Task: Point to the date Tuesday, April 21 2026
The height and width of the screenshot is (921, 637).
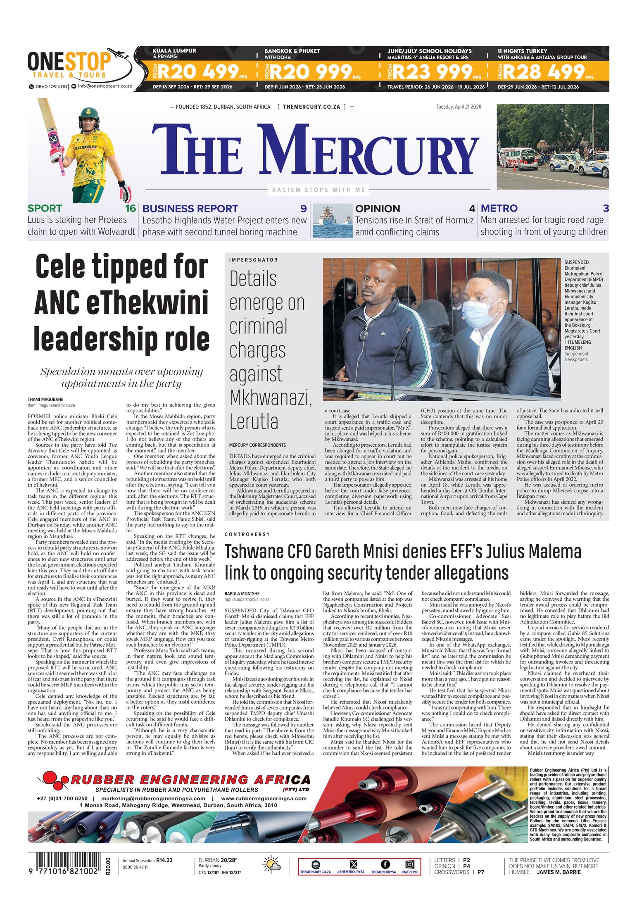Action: point(459,107)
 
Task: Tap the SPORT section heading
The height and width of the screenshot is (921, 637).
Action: point(45,208)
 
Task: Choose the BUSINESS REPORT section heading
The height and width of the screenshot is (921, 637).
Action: point(190,208)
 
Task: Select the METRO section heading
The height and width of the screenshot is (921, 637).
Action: point(499,208)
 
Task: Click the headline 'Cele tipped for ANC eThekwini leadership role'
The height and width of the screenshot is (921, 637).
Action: point(122,302)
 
